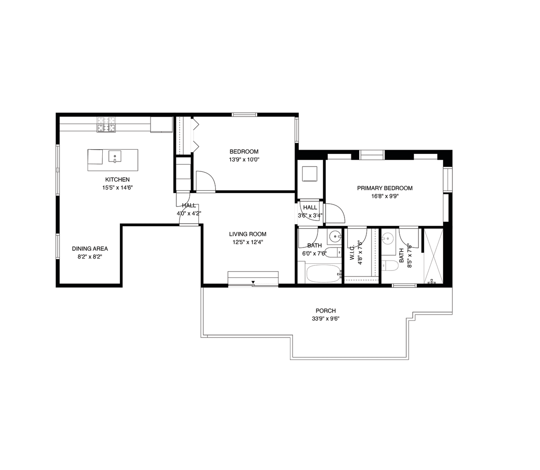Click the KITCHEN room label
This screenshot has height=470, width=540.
coord(117,180)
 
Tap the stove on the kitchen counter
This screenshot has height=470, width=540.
coord(106,125)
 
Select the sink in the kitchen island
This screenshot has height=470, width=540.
coord(115,157)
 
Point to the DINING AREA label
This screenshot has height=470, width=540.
coord(90,249)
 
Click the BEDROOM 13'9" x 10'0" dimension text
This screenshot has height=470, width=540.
coord(244,160)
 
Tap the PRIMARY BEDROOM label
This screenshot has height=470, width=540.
coord(385,188)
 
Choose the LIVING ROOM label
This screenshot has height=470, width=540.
coord(248,234)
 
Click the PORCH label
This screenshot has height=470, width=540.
coord(326,310)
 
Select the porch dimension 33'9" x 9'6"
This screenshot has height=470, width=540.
coord(325,319)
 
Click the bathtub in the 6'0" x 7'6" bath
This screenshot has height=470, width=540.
coord(323,274)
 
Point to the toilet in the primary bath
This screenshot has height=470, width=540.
coord(390,266)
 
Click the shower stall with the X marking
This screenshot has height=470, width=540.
coord(433,256)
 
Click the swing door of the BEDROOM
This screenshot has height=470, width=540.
coord(206,181)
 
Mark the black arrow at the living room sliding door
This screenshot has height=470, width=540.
coord(253,282)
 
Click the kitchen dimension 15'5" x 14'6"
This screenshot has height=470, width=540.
coord(117,188)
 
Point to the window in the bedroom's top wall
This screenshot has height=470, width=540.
coord(244,115)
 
